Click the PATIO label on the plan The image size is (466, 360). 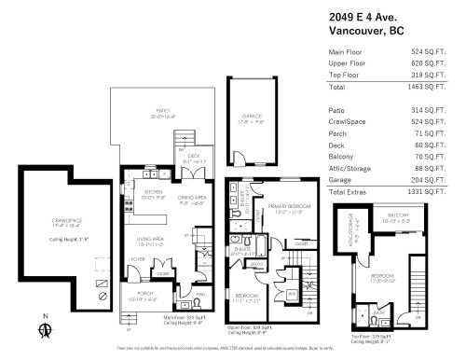click(162, 115)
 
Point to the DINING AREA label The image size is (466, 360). click(191, 197)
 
